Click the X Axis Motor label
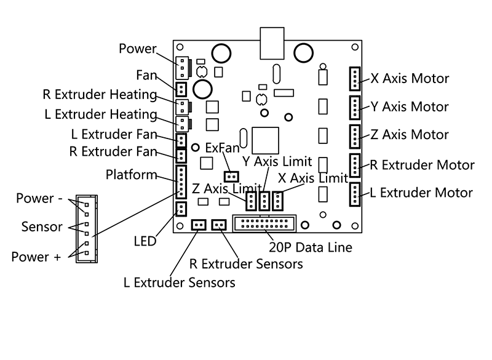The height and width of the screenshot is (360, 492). (410, 79)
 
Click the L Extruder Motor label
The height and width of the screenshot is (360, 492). (421, 193)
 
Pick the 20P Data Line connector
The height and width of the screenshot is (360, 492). (264, 223)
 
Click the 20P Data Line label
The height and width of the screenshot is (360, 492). (311, 247)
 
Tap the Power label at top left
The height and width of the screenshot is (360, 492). (137, 49)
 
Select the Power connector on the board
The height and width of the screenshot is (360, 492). (183, 65)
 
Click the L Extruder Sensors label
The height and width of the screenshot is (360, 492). (179, 282)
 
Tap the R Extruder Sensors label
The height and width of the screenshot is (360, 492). (246, 264)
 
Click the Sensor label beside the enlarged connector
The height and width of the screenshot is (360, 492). (42, 226)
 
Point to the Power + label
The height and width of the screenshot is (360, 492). (36, 257)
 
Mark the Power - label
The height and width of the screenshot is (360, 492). (38, 198)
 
